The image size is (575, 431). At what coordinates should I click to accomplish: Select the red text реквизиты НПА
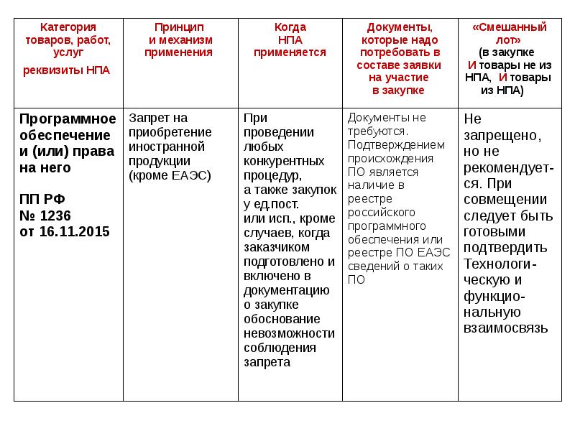[67, 70]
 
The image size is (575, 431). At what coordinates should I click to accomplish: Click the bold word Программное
[67, 119]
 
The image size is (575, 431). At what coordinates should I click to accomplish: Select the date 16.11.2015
[73, 231]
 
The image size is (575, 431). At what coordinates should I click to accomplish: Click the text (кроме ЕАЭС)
[170, 175]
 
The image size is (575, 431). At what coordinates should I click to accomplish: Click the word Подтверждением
[396, 144]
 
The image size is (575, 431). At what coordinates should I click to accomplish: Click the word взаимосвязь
[507, 328]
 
